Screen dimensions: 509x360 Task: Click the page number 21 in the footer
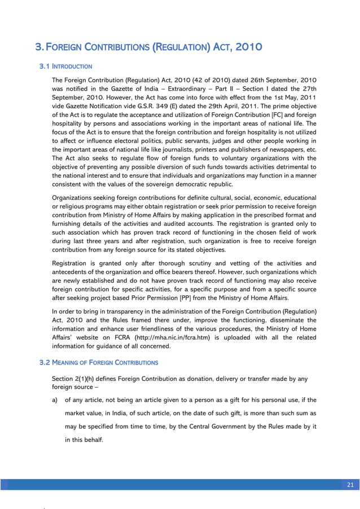point(349,485)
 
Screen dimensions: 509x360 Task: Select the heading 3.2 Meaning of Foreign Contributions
point(99,362)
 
